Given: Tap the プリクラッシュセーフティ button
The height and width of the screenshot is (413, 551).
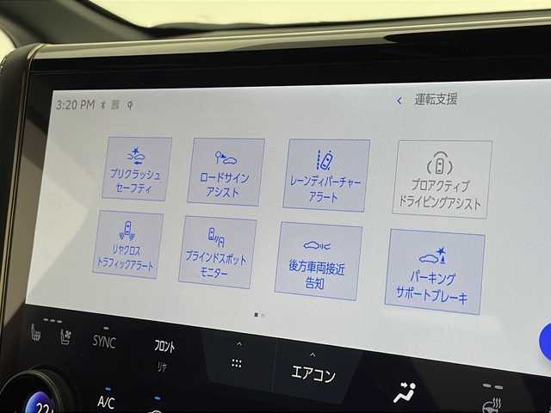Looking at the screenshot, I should pyautogui.click(x=136, y=169).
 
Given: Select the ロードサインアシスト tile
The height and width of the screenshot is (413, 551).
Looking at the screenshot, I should pyautogui.click(x=226, y=171).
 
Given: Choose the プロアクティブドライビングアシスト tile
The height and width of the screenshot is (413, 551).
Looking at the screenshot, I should pyautogui.click(x=443, y=179).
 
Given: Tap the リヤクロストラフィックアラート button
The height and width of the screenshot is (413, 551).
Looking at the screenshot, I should pyautogui.click(x=127, y=244).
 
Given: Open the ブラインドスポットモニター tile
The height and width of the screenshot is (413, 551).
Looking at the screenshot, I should pyautogui.click(x=217, y=251).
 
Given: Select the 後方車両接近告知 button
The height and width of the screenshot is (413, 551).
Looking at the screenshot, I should pyautogui.click(x=318, y=261).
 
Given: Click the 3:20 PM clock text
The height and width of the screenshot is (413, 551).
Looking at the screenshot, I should pyautogui.click(x=74, y=105).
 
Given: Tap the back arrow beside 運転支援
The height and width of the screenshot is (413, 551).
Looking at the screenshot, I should pyautogui.click(x=399, y=101).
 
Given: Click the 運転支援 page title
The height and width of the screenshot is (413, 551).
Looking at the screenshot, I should pyautogui.click(x=436, y=100).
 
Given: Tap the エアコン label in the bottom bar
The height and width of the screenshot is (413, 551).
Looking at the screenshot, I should pyautogui.click(x=313, y=375).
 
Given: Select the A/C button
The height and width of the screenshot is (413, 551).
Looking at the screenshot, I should pyautogui.click(x=106, y=402).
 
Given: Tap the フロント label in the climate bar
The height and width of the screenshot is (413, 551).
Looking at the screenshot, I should pyautogui.click(x=164, y=346).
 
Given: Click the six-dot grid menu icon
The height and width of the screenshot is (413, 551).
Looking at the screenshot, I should pyautogui.click(x=237, y=363).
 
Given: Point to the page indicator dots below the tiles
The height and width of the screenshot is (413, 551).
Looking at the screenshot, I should pyautogui.click(x=259, y=315).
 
